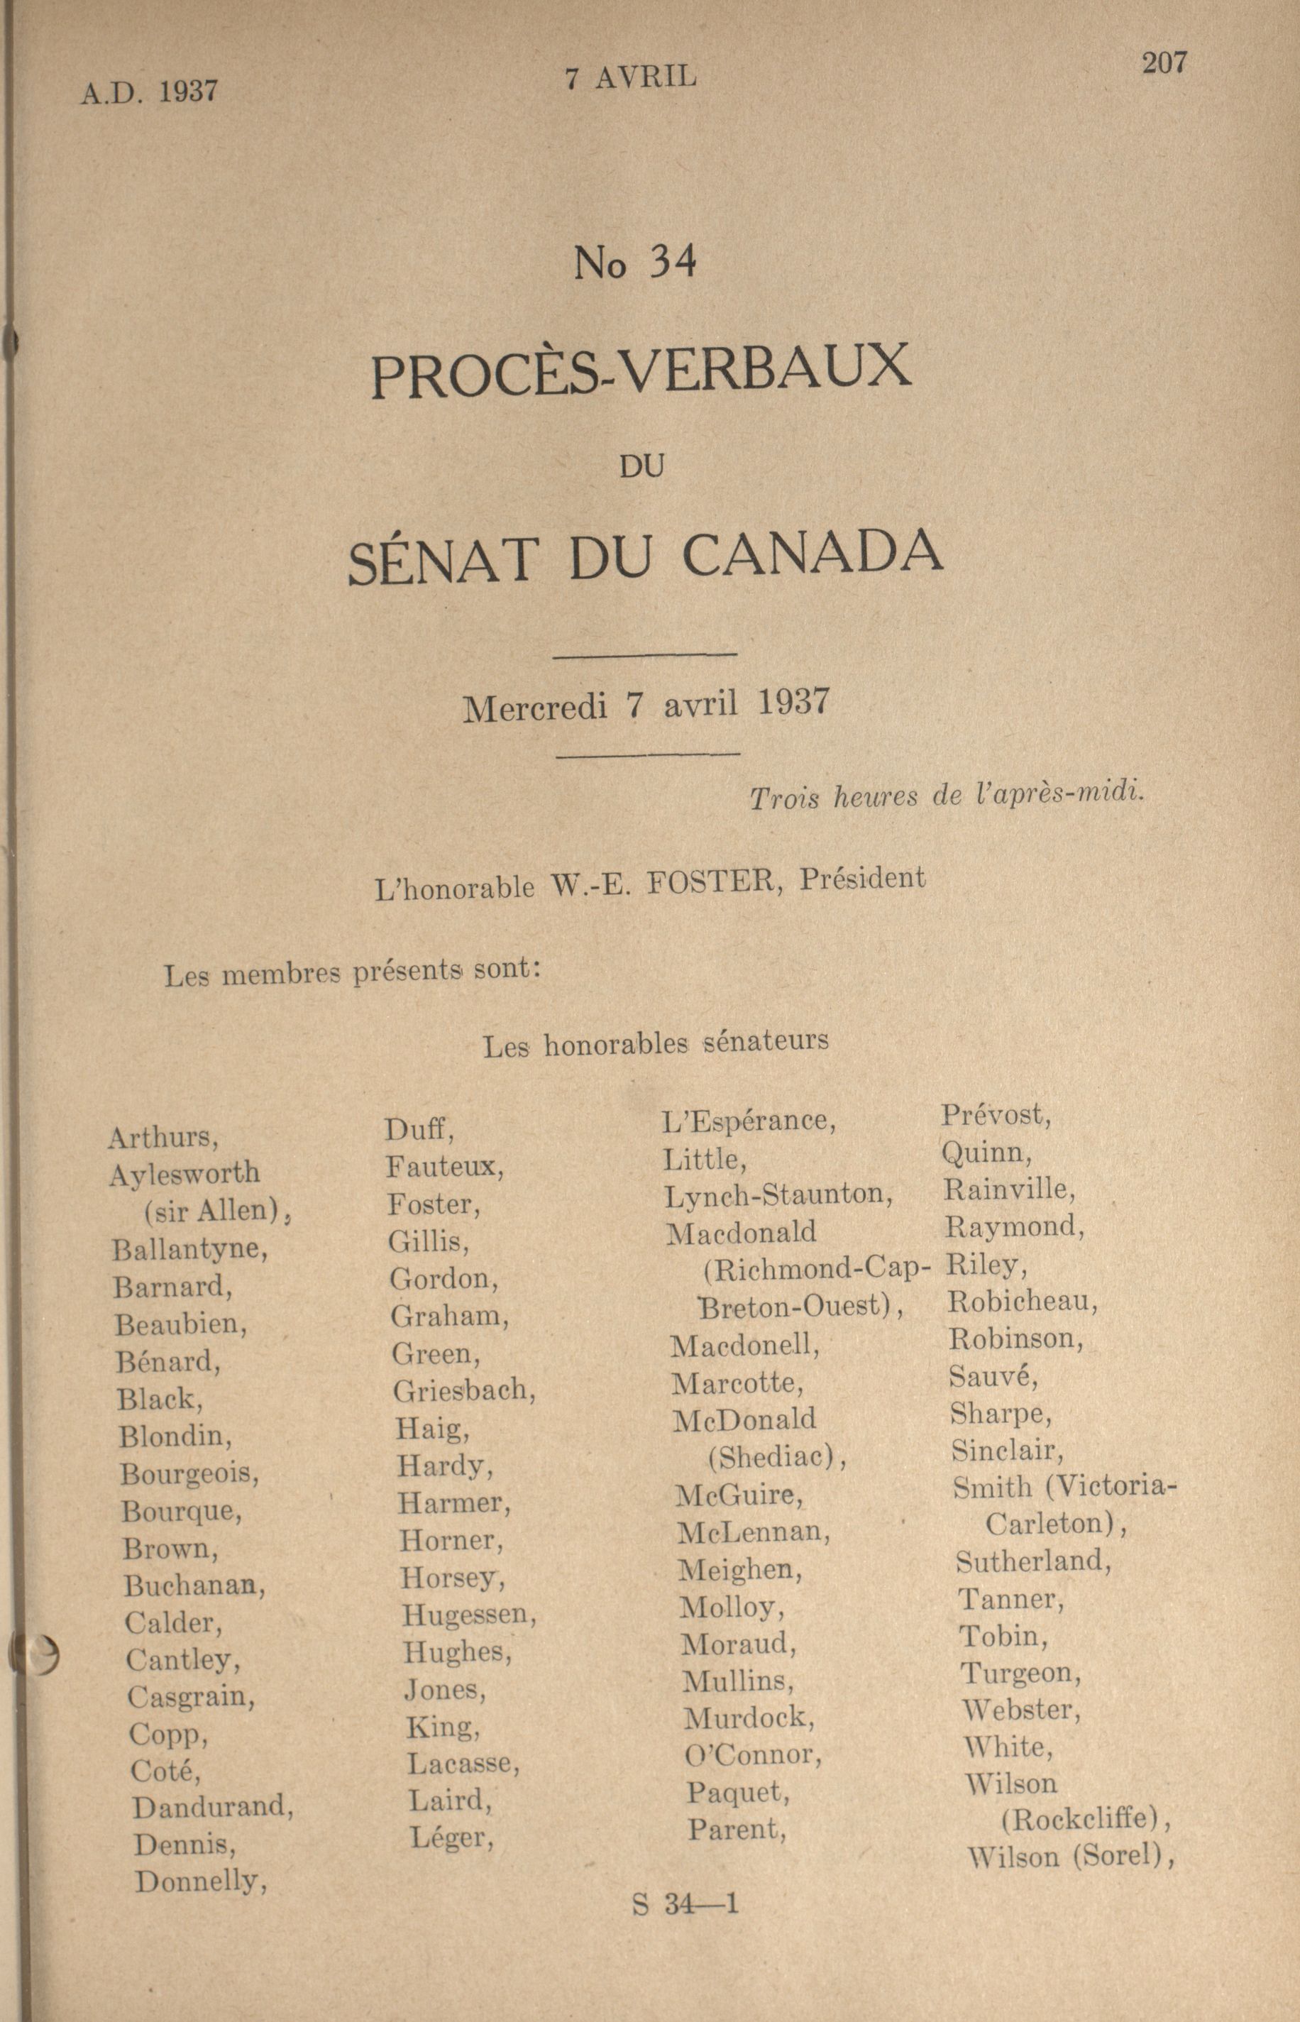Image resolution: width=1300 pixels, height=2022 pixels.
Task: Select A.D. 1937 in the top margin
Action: tap(150, 91)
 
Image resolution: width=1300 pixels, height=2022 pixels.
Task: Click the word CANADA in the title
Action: tap(811, 555)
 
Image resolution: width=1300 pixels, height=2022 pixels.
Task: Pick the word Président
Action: tap(862, 879)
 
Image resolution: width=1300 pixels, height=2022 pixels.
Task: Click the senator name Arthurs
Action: tap(163, 1138)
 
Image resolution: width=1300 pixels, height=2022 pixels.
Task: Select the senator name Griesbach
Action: tap(463, 1390)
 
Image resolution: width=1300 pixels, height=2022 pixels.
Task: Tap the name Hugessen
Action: tap(468, 1615)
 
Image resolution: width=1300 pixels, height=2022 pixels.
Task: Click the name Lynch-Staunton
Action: tap(778, 1195)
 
